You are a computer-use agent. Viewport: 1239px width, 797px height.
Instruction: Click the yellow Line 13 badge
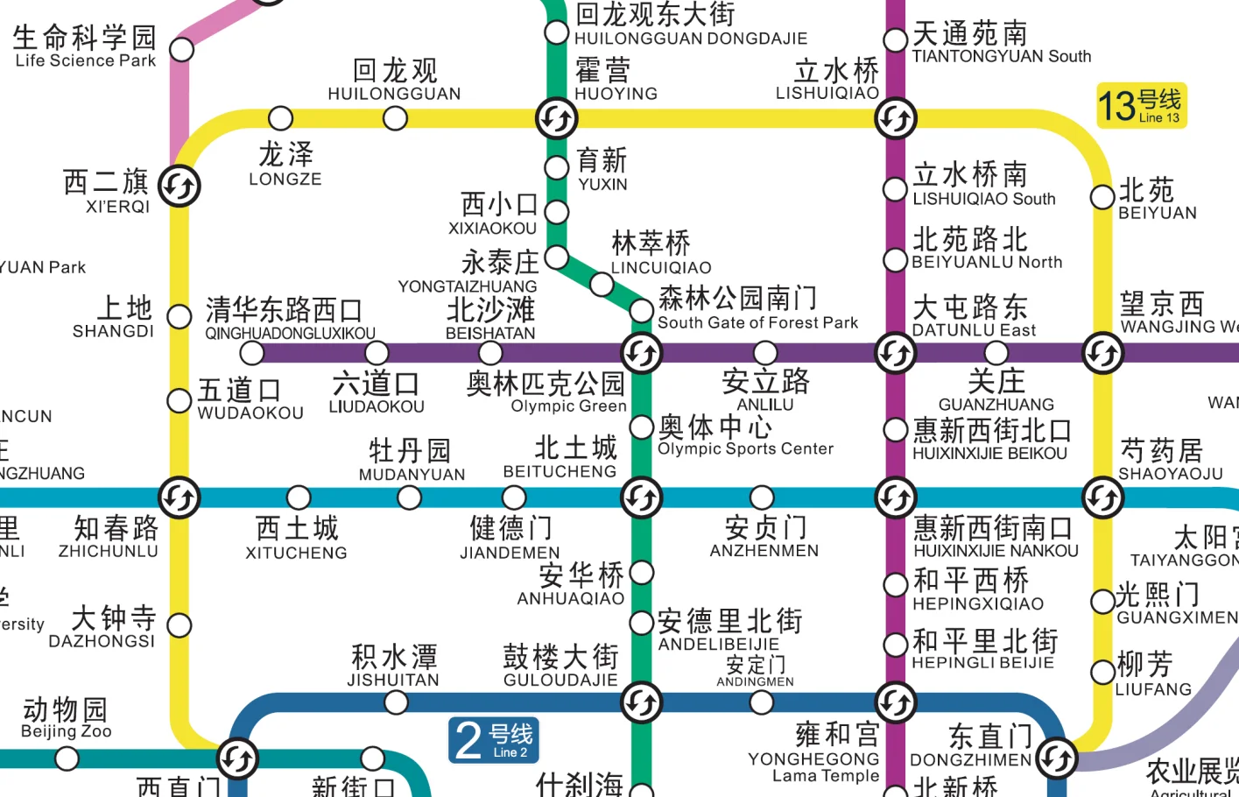click(1141, 106)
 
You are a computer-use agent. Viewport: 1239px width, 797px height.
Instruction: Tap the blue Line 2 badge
click(494, 740)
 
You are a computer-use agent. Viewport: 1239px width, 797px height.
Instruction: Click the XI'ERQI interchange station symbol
click(180, 187)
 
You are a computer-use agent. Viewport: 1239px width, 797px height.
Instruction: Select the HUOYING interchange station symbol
click(557, 118)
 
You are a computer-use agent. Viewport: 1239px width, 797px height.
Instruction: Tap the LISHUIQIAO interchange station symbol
click(895, 118)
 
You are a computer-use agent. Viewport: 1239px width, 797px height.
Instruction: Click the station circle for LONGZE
click(280, 118)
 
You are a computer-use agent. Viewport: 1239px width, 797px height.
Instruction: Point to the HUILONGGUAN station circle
click(395, 118)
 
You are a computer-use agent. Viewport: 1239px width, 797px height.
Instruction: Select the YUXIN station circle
click(557, 167)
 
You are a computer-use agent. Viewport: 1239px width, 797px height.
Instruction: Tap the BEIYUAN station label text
click(1156, 200)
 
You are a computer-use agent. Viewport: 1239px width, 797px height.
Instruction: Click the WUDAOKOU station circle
click(180, 400)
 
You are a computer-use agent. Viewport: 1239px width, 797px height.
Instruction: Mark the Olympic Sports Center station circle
click(642, 427)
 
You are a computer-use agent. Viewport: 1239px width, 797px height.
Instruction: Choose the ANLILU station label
click(765, 391)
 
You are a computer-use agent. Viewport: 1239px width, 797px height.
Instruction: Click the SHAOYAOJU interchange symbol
click(1102, 497)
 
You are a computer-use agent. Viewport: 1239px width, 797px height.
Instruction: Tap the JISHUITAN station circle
click(396, 702)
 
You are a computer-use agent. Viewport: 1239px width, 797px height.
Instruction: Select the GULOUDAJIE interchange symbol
click(642, 702)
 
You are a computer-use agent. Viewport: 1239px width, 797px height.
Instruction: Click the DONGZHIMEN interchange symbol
click(1057, 758)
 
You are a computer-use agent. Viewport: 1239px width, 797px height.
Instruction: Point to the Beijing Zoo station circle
click(67, 758)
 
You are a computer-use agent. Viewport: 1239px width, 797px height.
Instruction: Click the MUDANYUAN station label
click(411, 461)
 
